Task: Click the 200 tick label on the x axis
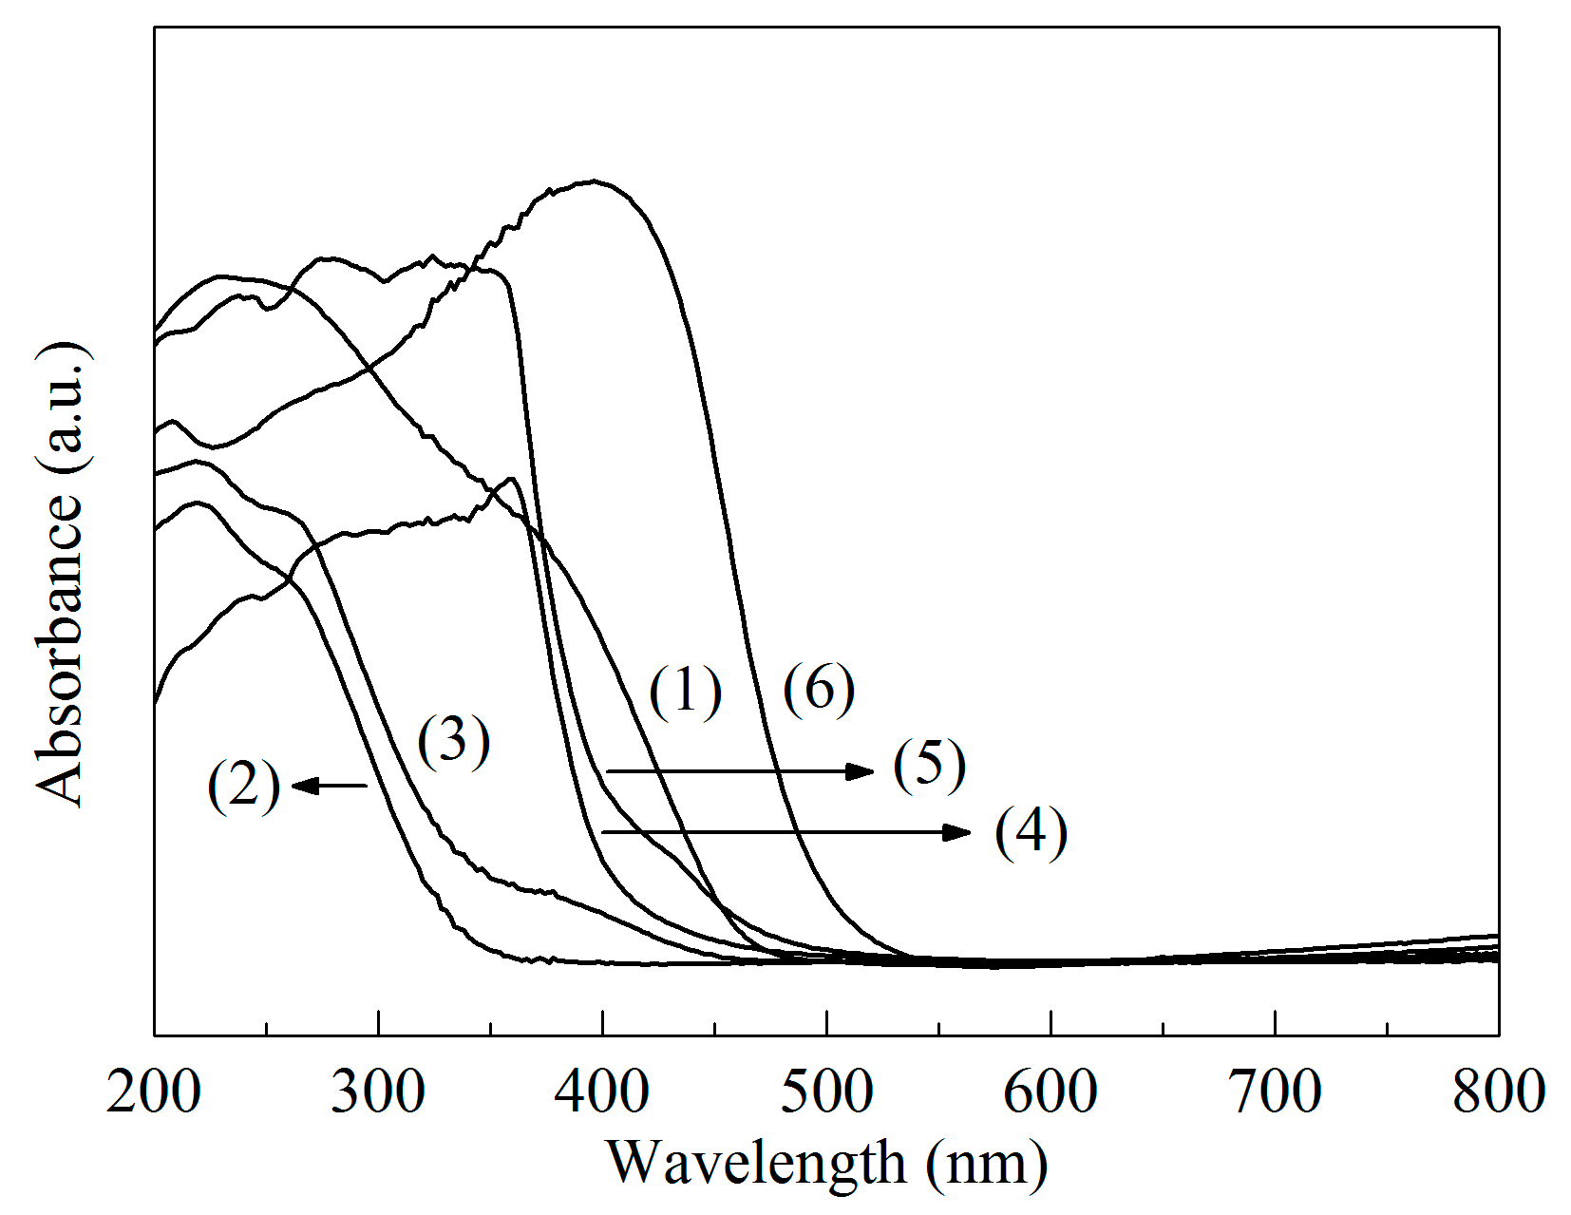click(153, 1092)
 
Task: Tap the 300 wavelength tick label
click(377, 1092)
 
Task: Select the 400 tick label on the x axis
click(601, 1092)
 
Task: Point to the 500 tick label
click(826, 1092)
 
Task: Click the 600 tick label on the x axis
click(1050, 1092)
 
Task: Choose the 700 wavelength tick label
click(1275, 1092)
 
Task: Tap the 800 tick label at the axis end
click(1498, 1092)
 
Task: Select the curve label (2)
click(244, 787)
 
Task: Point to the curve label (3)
click(454, 742)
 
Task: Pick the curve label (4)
click(1031, 833)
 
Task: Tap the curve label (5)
click(929, 766)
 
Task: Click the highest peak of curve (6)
click(594, 180)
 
